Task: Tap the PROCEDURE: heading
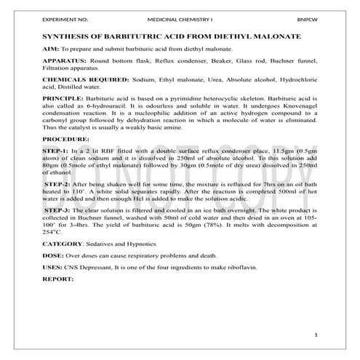coord(65,138)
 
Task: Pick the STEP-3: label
coord(60,209)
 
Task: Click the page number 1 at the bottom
coord(316,334)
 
